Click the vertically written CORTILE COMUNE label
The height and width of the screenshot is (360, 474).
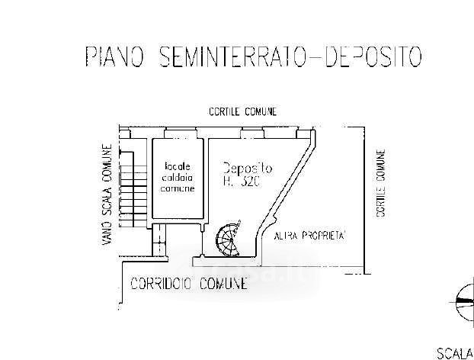pyautogui.click(x=381, y=183)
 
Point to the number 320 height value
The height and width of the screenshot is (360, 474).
pyautogui.click(x=251, y=182)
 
